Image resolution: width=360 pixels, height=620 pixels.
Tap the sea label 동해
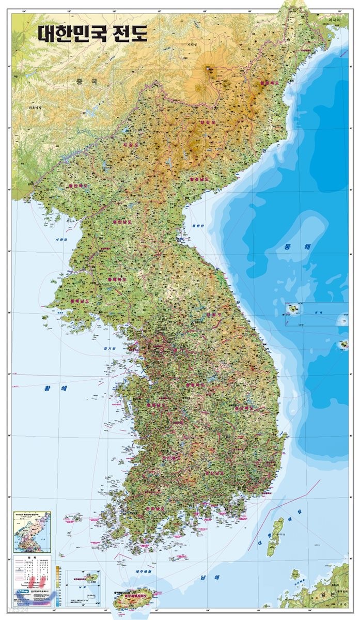(x=296, y=246)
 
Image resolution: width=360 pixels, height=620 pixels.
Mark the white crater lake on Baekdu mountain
(x=209, y=67)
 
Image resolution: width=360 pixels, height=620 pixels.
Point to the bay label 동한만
(x=198, y=225)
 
